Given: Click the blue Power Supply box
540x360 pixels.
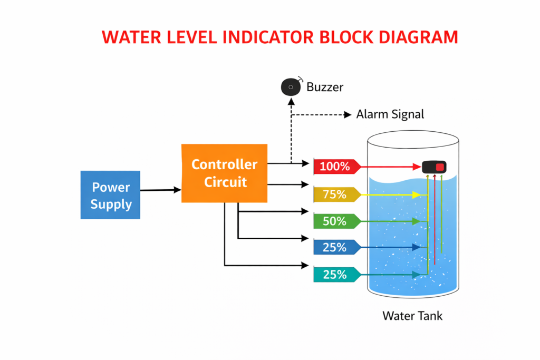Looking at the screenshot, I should [110, 194].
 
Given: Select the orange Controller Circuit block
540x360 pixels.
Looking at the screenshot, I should [224, 173].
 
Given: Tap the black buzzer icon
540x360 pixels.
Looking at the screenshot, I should [290, 86].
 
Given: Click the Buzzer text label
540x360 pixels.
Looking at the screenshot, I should [325, 87].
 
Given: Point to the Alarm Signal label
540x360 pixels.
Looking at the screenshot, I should [390, 114].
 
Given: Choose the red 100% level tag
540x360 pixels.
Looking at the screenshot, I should [336, 167].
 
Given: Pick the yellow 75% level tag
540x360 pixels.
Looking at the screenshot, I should [336, 194].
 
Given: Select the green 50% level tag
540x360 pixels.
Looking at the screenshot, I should [336, 221].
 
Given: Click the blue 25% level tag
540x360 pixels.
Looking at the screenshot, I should [336, 247].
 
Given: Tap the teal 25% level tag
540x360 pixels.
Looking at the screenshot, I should [336, 275].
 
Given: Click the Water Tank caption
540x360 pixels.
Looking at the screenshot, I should [412, 316].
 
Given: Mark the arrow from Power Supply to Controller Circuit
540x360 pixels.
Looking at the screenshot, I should [160, 190].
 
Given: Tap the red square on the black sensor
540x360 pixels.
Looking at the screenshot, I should [440, 167].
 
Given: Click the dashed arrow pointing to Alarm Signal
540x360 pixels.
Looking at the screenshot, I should [322, 114].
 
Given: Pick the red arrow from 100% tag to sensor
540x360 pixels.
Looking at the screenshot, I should [390, 167].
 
